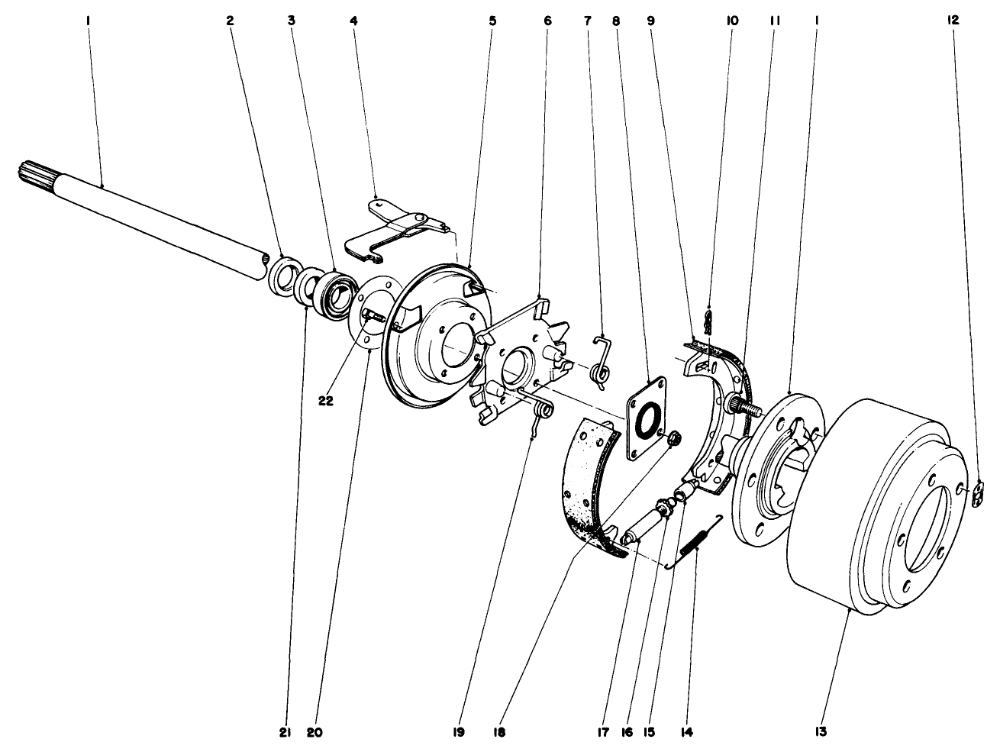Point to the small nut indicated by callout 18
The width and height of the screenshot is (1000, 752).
(674, 440)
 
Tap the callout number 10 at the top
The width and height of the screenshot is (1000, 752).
(731, 22)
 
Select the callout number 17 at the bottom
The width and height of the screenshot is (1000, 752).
(629, 731)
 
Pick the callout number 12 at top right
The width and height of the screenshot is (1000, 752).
(953, 22)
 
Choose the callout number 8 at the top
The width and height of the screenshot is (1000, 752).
(617, 22)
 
